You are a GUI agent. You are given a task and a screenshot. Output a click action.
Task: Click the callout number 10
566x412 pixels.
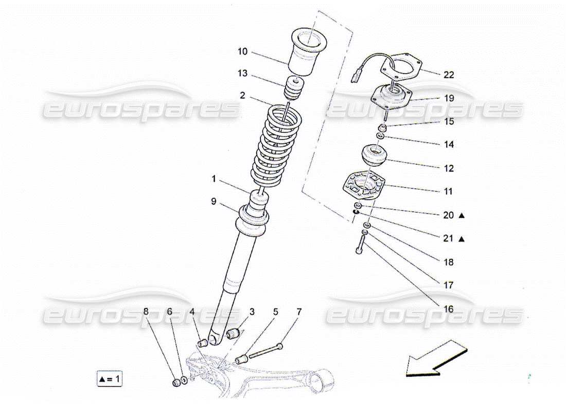pyautogui.click(x=242, y=51)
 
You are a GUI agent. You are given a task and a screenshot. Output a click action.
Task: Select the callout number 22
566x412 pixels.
pyautogui.click(x=449, y=75)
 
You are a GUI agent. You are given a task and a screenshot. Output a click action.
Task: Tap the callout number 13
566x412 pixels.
pyautogui.click(x=242, y=74)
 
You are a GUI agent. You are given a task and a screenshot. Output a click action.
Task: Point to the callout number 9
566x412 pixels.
pyautogui.click(x=214, y=202)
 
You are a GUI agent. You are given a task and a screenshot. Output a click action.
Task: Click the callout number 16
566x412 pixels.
pyautogui.click(x=449, y=309)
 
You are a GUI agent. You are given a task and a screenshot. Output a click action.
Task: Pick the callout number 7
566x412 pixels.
pyautogui.click(x=299, y=312)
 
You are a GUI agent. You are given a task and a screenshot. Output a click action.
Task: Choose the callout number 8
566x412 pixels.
pyautogui.click(x=146, y=312)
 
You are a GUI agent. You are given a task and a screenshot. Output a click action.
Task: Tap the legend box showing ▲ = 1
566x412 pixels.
pyautogui.click(x=110, y=379)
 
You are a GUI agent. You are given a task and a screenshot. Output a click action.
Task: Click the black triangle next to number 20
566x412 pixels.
pyautogui.click(x=462, y=215)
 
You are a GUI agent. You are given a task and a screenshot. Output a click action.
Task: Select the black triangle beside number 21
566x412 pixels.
pyautogui.click(x=462, y=239)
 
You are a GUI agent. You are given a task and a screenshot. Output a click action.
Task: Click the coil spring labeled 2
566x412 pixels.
pyautogui.click(x=271, y=147)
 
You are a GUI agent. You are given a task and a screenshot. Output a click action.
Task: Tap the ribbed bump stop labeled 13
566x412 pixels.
pyautogui.click(x=293, y=89)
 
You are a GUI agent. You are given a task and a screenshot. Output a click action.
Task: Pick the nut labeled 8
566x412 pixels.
pyautogui.click(x=175, y=383)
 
